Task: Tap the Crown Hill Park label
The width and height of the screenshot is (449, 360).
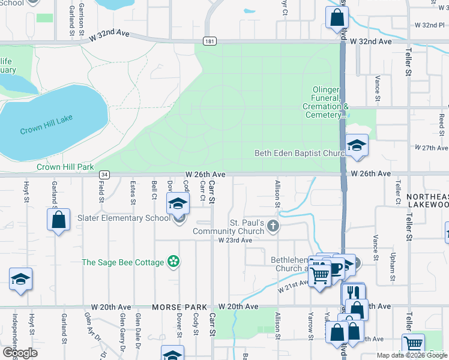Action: [65, 167]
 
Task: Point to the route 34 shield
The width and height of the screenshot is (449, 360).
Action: [105, 174]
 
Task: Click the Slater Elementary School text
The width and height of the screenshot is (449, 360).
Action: [124, 218]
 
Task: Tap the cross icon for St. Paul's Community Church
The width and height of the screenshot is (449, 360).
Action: [273, 226]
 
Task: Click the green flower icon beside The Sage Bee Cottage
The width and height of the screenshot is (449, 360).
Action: [173, 262]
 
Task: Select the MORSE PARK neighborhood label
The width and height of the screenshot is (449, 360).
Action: [175, 307]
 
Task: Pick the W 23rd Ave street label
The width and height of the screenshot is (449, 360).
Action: [235, 240]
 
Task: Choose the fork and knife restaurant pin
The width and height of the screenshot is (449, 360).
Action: [353, 293]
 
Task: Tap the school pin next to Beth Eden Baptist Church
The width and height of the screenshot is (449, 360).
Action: [357, 146]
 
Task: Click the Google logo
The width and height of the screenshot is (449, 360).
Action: [20, 352]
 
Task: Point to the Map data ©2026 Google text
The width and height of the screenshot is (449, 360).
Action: [411, 355]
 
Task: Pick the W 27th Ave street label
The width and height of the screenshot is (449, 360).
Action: [432, 148]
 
